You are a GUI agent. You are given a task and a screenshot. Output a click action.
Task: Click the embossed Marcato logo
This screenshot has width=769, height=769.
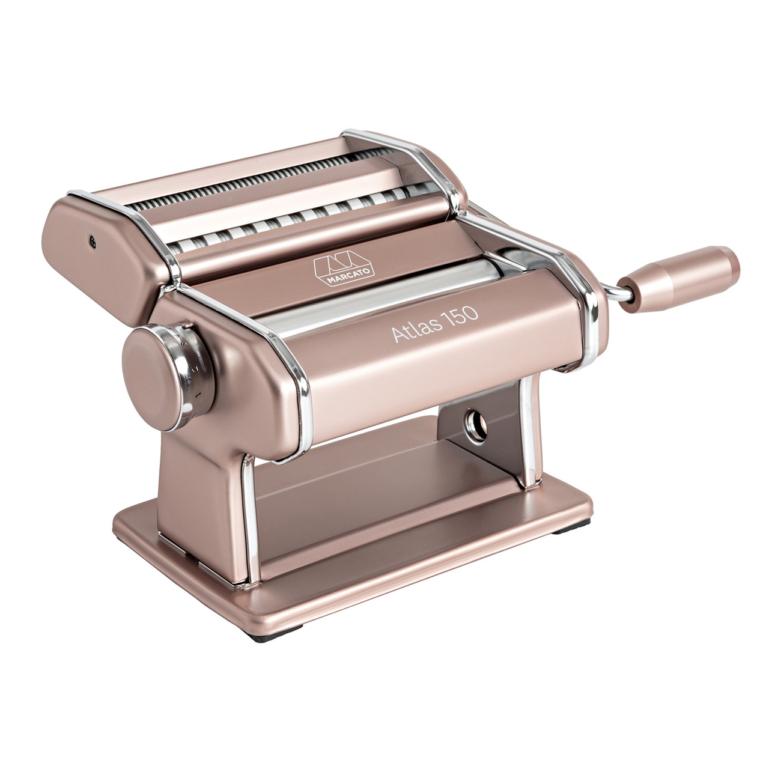tap(344, 268)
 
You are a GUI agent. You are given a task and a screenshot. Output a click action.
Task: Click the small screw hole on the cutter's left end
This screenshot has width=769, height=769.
tap(93, 242)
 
